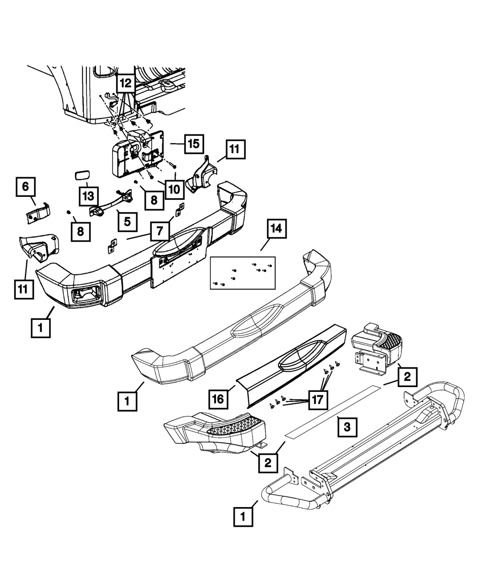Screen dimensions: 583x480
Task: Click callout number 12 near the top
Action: pos(125,84)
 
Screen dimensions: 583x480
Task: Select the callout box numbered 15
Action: pos(192,144)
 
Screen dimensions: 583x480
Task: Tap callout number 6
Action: pos(25,186)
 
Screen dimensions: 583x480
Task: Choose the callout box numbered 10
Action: pos(174,188)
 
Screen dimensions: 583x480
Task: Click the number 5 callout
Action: pos(127,221)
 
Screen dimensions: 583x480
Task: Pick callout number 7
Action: pos(158,231)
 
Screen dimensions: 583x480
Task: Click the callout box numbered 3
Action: pos(348,425)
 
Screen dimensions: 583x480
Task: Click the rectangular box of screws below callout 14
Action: pos(243,272)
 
